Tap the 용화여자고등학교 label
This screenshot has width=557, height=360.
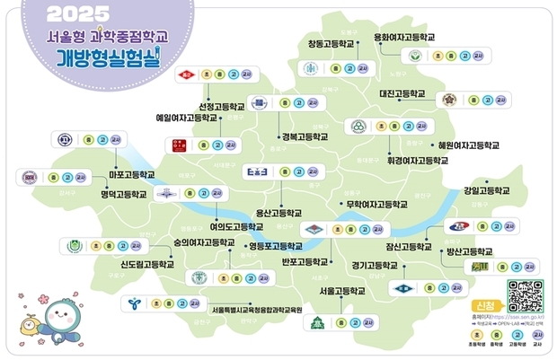pos(404,38)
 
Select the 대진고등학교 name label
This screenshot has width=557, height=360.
pos(402,93)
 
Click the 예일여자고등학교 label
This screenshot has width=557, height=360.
pos(187,118)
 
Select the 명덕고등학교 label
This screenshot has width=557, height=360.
pos(123,193)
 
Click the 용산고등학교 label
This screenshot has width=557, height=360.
pos(278,213)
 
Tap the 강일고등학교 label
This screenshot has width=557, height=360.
pos(487,191)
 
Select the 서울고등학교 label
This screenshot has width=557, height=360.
pos(342,292)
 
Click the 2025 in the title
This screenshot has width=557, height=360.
pos(77,13)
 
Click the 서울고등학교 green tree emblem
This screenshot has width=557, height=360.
pos(315,320)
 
